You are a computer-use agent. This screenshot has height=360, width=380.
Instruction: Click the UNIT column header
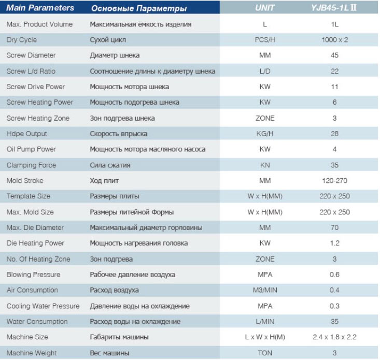coord(264,8)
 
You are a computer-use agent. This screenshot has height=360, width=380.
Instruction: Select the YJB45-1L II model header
coord(334,8)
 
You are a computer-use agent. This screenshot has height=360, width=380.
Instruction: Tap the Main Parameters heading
coord(40,8)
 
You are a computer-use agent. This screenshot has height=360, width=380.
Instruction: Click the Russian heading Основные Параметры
coord(139,8)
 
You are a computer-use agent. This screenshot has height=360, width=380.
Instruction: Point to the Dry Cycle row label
coord(22,40)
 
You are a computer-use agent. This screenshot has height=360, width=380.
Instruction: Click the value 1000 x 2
coord(335,40)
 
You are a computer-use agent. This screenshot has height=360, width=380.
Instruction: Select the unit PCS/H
coord(265,40)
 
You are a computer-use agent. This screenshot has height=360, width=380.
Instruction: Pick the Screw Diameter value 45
coord(334,55)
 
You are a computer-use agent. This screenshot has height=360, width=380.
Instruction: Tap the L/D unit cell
coord(265,71)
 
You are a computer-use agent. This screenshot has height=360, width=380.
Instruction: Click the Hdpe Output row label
coord(26,134)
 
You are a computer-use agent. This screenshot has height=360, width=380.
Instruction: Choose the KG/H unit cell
coord(265,134)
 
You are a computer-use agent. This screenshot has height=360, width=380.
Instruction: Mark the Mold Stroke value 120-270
coord(335,181)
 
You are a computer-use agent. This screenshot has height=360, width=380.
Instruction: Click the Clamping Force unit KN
coord(265,165)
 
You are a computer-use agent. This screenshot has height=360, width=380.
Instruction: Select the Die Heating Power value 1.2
coord(335,243)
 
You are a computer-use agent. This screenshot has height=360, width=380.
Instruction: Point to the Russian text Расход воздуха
coord(114,290)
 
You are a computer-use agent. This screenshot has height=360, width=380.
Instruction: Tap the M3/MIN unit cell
coord(265,290)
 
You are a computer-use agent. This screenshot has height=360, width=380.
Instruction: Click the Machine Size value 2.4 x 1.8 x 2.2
coord(334,337)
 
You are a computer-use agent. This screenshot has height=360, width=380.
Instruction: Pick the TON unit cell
coord(265,353)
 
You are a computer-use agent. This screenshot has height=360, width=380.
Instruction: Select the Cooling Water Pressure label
coord(43,306)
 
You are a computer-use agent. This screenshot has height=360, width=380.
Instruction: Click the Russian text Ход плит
coord(104,181)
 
